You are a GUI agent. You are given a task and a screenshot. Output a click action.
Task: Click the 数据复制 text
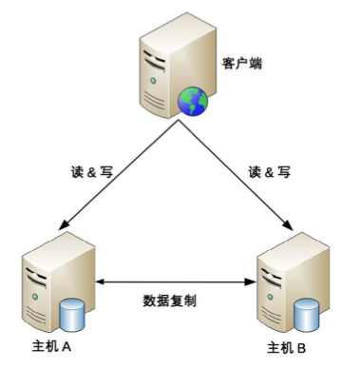pos(172,300)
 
